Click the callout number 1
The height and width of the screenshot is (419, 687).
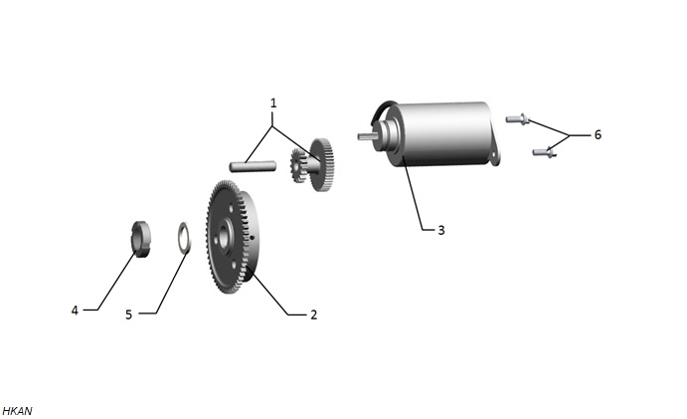pos(273,104)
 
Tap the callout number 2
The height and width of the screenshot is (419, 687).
pos(313,314)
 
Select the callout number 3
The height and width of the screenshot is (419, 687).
pos(441,230)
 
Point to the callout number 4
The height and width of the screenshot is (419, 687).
pos(75,311)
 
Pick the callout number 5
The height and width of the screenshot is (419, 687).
pos(129,314)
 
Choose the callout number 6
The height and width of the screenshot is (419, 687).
pos(598,134)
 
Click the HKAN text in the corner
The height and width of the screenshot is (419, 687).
pos(17,411)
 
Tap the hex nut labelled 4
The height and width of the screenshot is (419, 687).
pos(141,239)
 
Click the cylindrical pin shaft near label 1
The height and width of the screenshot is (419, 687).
pos(253,166)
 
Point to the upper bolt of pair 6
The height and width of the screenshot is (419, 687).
pos(517,118)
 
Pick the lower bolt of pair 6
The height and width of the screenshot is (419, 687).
pos(544,152)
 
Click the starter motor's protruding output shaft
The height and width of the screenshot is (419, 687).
pos(366,136)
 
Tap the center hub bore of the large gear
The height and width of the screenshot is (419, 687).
pos(226,234)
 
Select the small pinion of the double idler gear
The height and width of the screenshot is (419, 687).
pos(298,166)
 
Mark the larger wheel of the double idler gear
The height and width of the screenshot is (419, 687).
pos(323,164)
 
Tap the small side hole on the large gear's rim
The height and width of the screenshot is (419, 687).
pos(254,238)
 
